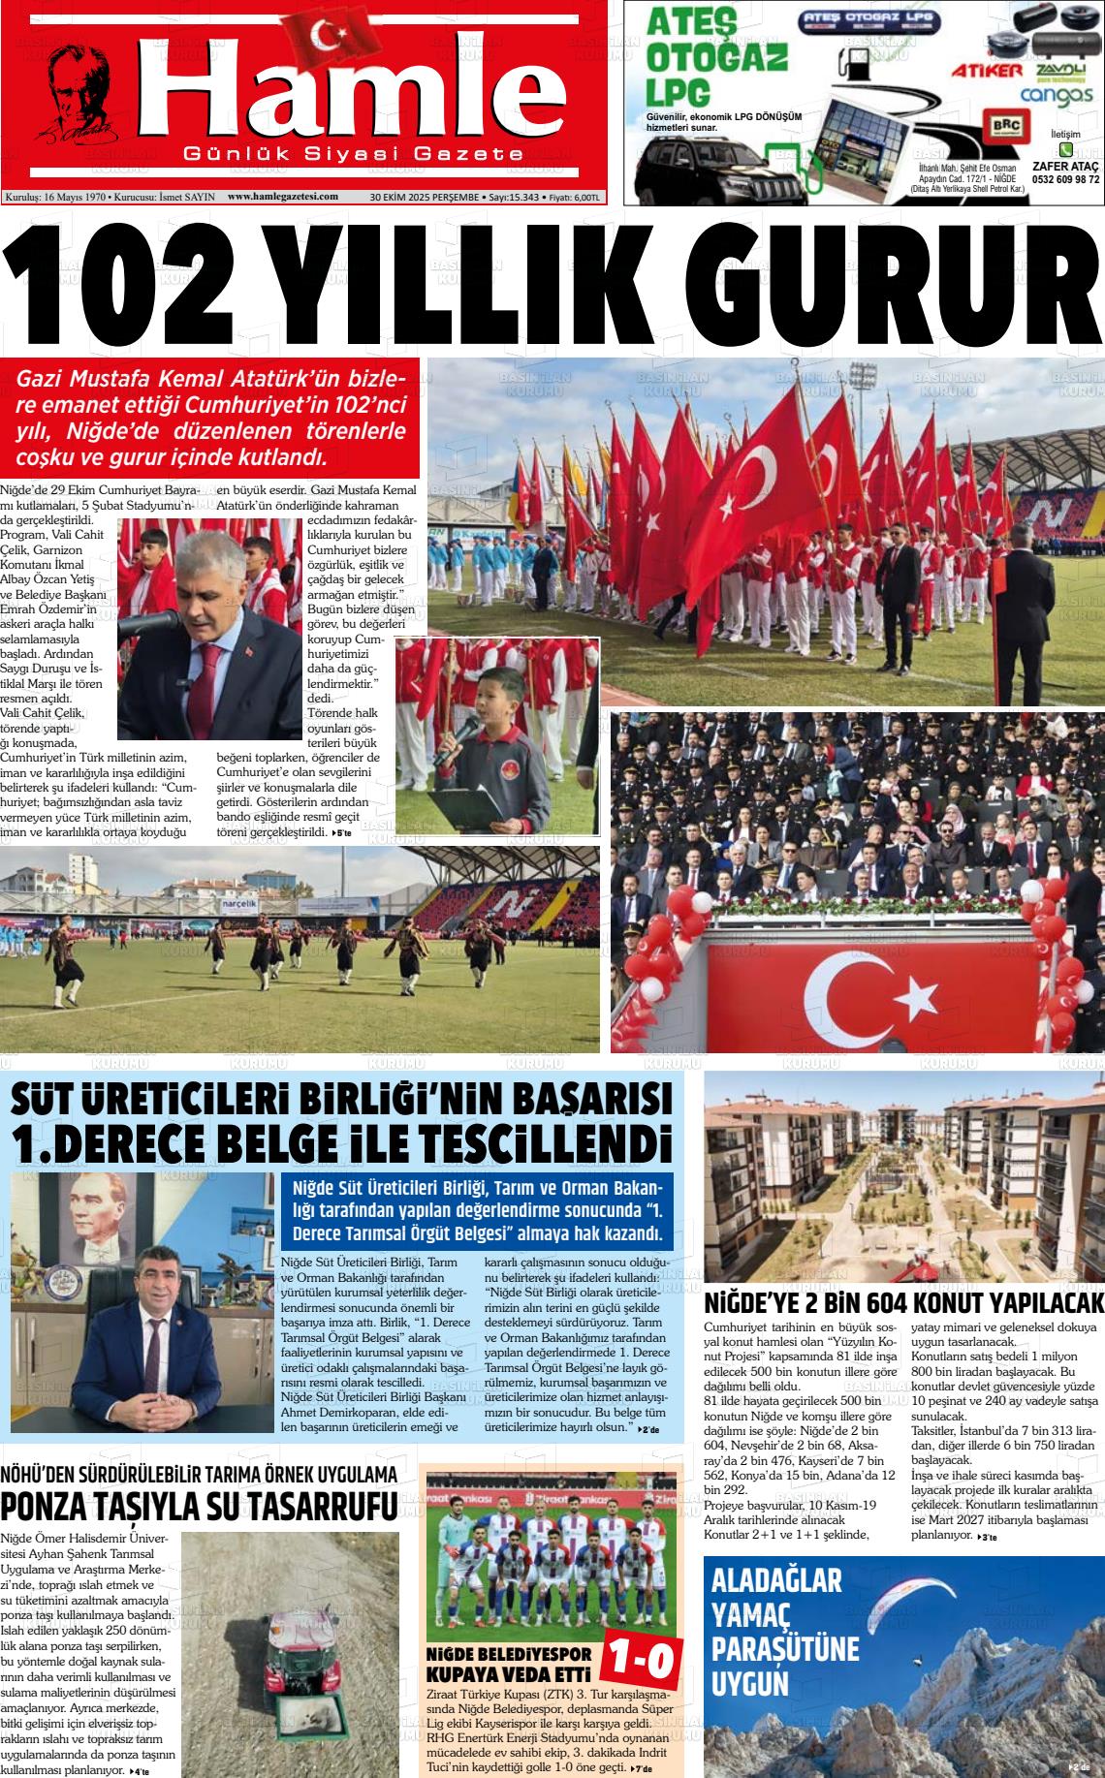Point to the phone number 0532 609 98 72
pyautogui.click(x=1065, y=179)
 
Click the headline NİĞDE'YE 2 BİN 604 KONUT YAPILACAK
pyautogui.click(x=904, y=1301)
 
